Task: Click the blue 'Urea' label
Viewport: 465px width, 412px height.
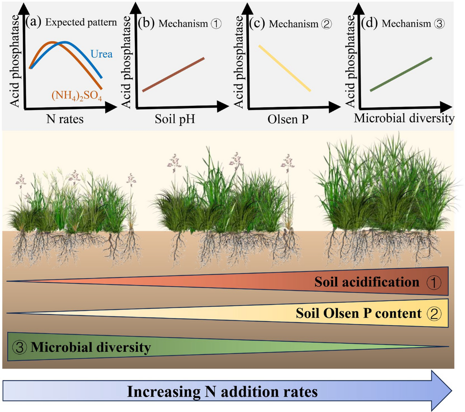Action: click(x=102, y=54)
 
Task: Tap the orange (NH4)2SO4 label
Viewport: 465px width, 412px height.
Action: click(x=77, y=95)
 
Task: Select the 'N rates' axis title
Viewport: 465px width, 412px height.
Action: click(x=65, y=119)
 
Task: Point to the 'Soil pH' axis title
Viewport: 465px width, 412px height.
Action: click(x=175, y=119)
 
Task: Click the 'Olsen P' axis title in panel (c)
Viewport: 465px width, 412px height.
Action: click(x=288, y=119)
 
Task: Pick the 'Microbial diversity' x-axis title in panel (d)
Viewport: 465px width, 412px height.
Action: click(x=404, y=118)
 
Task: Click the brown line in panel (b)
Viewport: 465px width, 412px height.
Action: click(x=173, y=74)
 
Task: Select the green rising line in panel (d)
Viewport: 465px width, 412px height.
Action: click(x=401, y=74)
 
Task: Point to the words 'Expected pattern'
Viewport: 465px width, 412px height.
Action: click(x=81, y=22)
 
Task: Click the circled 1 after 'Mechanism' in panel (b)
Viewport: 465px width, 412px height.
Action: click(x=216, y=24)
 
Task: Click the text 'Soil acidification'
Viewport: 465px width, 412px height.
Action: click(x=367, y=282)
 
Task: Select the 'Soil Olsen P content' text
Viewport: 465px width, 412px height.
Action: click(x=358, y=313)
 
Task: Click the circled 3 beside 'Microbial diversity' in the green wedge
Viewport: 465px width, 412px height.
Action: click(x=19, y=347)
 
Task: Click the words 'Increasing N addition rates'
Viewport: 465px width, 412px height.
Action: click(x=222, y=391)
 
